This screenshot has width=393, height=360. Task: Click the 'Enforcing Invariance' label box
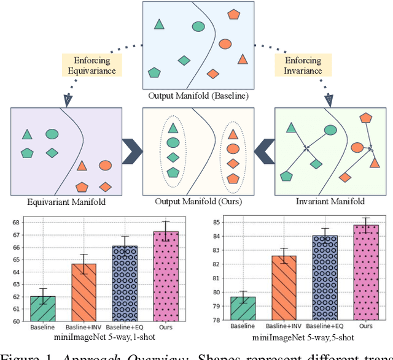click(303, 66)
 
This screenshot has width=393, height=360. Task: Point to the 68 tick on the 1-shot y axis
click(29, 222)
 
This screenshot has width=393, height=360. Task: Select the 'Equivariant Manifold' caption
click(66, 202)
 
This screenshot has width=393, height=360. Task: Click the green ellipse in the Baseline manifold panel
click(198, 26)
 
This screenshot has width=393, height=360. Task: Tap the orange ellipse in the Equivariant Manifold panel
click(105, 166)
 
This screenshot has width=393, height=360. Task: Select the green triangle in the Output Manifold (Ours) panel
click(173, 128)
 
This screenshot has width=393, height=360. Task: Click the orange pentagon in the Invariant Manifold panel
click(366, 118)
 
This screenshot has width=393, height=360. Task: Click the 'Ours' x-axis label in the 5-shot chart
click(366, 327)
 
